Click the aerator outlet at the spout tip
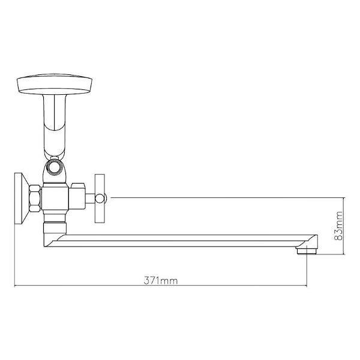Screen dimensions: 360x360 pos(308,251)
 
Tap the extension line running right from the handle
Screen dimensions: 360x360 pos(228,196)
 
